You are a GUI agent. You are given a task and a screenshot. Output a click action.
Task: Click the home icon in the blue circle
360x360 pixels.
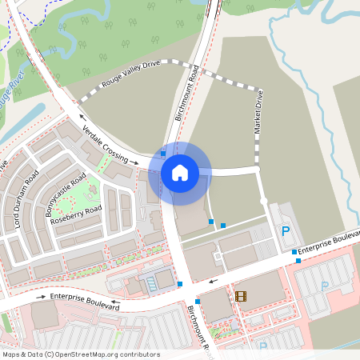(x=179, y=172)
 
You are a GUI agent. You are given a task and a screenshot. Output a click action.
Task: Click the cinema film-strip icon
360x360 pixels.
(x=241, y=297)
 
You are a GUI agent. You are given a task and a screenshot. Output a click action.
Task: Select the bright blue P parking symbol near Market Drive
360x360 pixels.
(x=286, y=231)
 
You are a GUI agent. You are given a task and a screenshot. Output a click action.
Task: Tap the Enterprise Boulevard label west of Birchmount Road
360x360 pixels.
(x=85, y=302)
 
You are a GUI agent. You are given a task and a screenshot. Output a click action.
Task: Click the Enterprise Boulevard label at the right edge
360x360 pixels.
(x=330, y=242)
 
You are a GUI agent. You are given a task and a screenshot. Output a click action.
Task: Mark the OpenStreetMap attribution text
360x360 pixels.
(x=82, y=354)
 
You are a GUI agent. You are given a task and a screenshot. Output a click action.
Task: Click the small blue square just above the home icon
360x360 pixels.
(x=163, y=152)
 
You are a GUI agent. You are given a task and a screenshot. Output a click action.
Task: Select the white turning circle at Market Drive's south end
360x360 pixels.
(x=263, y=201)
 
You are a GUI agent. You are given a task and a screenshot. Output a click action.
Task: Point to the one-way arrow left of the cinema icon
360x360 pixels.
(x=212, y=281)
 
